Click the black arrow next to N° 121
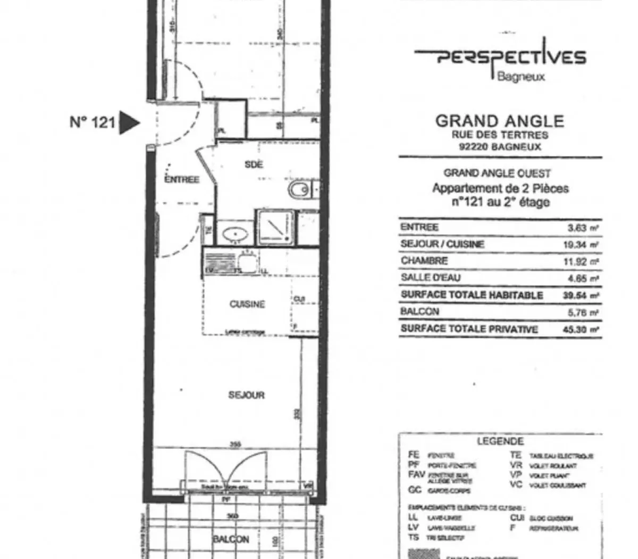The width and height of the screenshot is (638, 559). pos(128,122)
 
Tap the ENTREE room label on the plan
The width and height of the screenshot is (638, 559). pos(182,180)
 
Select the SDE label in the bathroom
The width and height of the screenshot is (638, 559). pos(254,165)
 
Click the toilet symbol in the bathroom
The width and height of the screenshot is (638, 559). pos(299,189)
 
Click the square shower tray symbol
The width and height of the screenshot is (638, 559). pos(274,226)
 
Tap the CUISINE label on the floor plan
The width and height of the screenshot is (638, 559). pos(247,305)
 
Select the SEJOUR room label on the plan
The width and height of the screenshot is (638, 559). pos(246,395)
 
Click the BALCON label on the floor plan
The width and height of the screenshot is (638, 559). pos(231,539)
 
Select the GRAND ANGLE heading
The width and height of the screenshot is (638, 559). pos(499,121)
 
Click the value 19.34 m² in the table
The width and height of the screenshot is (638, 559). pos(581,244)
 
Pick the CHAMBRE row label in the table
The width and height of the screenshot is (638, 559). pos(424,261)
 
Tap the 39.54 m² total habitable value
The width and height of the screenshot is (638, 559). pos(581,295)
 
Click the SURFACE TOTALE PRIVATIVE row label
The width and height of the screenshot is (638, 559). pos(469,329)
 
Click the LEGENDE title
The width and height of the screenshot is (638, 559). pos(500,441)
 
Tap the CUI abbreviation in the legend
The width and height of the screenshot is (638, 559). pos(517,517)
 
